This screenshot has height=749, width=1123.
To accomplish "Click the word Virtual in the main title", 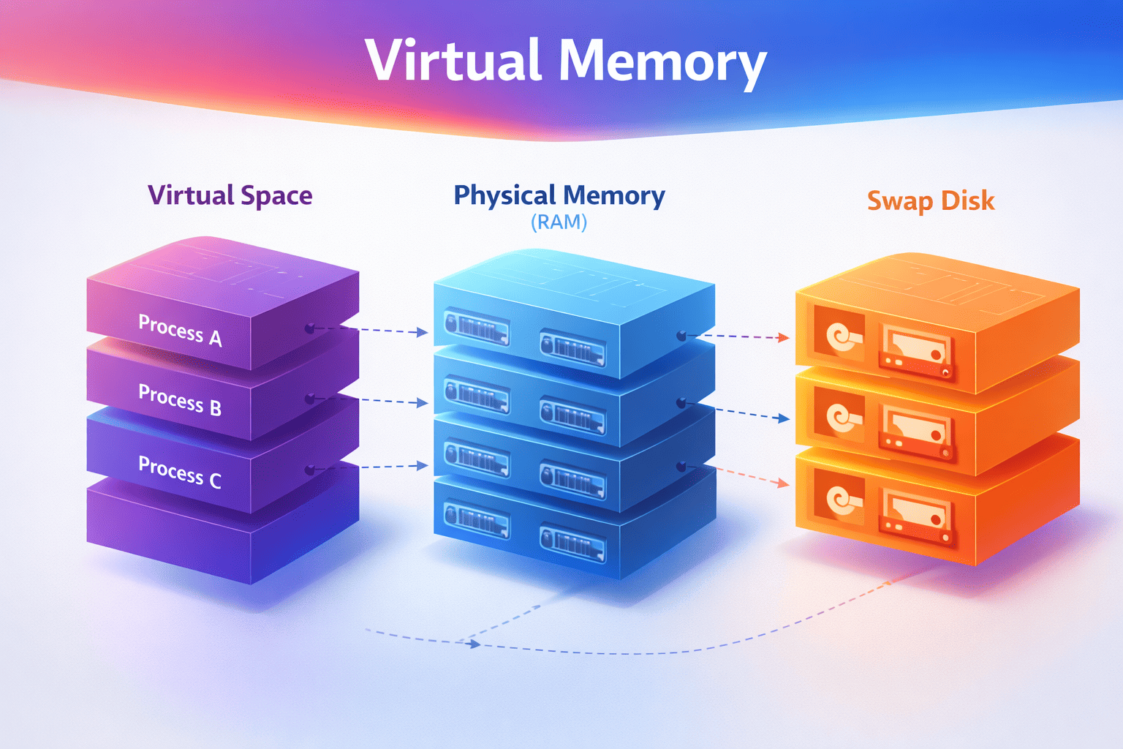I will tap(453, 61).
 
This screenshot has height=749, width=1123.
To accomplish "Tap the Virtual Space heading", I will tap(230, 196).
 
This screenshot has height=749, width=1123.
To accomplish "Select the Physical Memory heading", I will tap(559, 195).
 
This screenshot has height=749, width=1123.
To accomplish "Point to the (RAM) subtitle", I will tap(559, 222).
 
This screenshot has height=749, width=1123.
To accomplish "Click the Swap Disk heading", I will tap(931, 200).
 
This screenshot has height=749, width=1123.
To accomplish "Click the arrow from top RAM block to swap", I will tap(738, 336).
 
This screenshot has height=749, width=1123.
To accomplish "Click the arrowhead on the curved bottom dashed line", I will tap(474, 644).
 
